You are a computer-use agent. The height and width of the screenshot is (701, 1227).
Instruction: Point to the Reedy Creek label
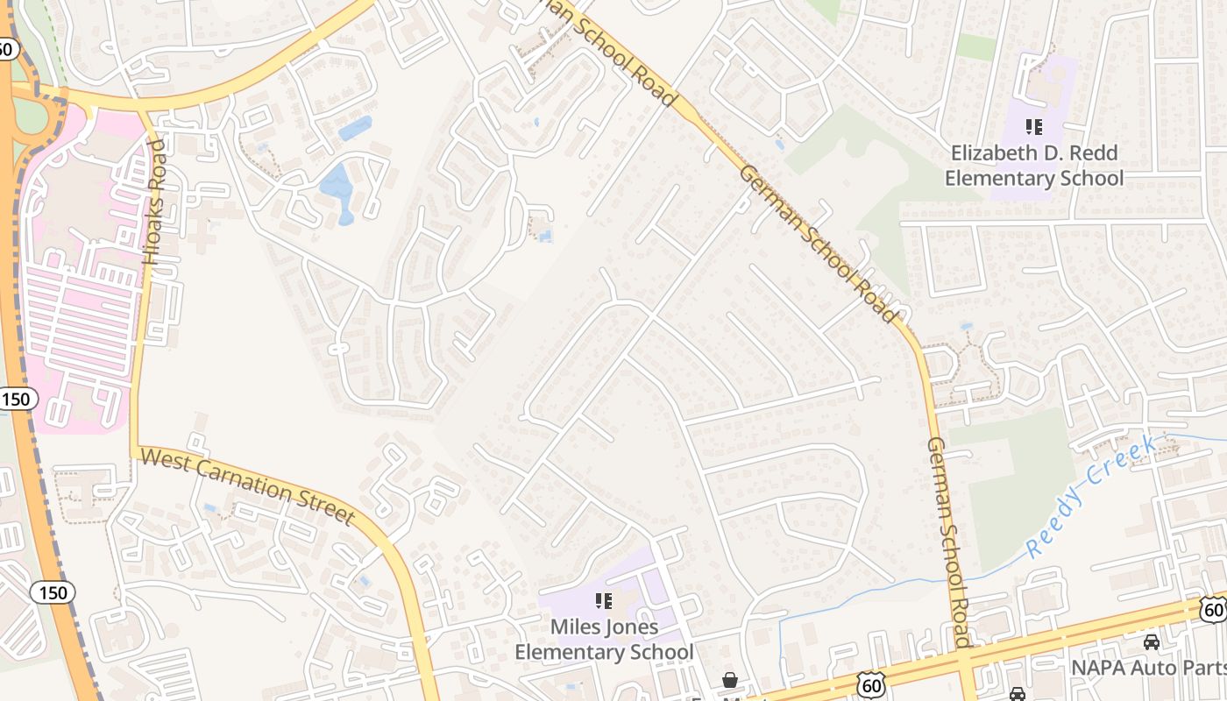[1091, 495]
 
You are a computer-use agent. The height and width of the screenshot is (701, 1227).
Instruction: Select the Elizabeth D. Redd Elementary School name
[1034, 166]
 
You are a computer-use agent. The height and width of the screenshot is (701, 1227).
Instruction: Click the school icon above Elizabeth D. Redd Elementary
[1034, 127]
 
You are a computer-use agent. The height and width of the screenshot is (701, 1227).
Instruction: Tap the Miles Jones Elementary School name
[604, 640]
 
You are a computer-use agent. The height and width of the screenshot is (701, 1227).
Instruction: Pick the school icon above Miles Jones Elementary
[603, 601]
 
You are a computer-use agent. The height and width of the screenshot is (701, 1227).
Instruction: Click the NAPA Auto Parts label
[1148, 668]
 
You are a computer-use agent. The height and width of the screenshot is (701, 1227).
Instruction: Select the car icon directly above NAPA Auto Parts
[1152, 642]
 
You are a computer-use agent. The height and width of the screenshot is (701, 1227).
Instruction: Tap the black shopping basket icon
[729, 679]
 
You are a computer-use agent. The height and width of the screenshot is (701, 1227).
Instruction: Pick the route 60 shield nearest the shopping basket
[871, 685]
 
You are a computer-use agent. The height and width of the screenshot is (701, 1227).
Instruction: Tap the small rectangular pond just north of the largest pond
[355, 128]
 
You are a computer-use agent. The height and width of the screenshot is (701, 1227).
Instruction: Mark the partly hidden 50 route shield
[6, 49]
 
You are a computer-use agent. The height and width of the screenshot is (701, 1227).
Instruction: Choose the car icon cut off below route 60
[1017, 694]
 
